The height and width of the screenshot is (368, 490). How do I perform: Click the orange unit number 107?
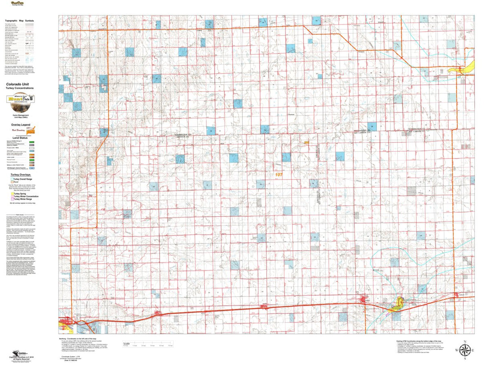[x=278, y=175]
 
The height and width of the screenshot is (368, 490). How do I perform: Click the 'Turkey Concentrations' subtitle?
[x=20, y=88]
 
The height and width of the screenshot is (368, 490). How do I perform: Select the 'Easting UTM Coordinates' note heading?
[x=419, y=341]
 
